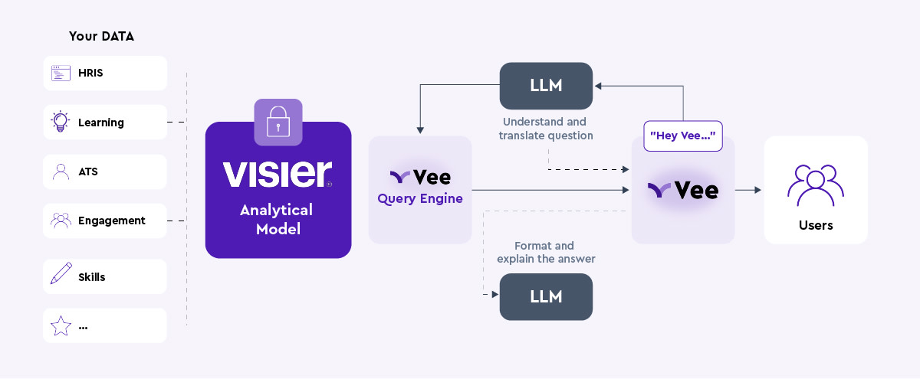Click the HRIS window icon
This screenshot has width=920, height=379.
pos(61,74)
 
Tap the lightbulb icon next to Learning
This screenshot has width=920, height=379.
pos(60,122)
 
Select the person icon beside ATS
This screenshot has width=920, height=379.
pos(61,172)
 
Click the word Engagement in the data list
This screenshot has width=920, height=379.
pos(111,221)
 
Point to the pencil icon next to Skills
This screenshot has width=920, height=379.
pos(61,274)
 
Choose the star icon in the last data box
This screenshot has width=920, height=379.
pos(61,326)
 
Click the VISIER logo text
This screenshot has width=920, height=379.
pos(277,175)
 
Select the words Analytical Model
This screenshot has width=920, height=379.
pos(276,219)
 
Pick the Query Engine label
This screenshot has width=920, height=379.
pos(420,199)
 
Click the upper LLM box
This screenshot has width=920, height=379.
pos(546,86)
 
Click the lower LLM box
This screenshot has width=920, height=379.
pos(546,296)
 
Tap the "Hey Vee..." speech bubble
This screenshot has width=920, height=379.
pos(683,136)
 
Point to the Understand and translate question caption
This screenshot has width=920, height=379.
pos(545,129)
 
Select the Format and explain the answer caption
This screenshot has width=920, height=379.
pos(545,253)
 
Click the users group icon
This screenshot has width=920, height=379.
pos(816,185)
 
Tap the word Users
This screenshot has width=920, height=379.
pos(816,225)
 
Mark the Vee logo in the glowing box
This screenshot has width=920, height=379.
pos(683,191)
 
